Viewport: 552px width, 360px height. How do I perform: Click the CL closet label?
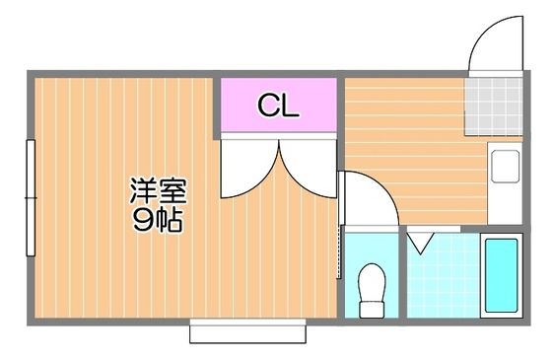278,106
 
